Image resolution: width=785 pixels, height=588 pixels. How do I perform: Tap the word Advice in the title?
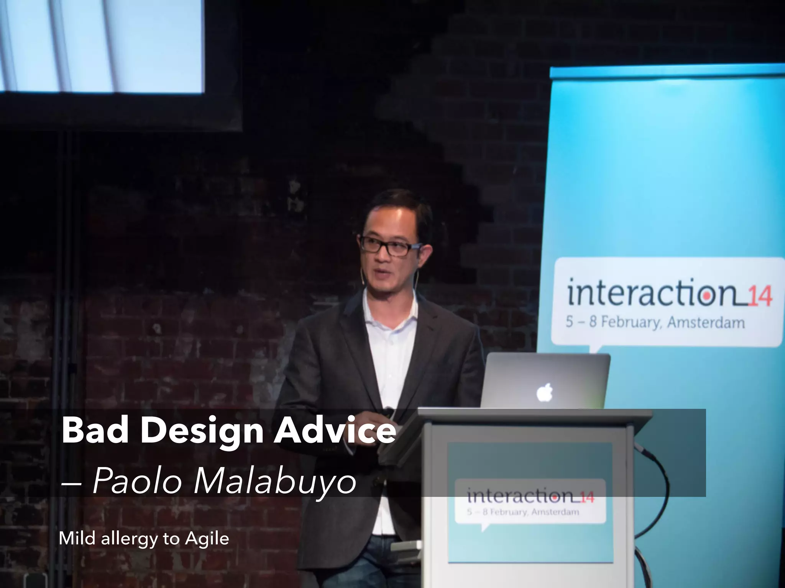334,431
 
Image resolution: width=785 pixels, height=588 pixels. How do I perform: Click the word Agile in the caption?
207,539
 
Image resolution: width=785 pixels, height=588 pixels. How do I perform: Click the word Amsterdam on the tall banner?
706,322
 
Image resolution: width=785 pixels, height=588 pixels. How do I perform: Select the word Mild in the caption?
77,539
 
